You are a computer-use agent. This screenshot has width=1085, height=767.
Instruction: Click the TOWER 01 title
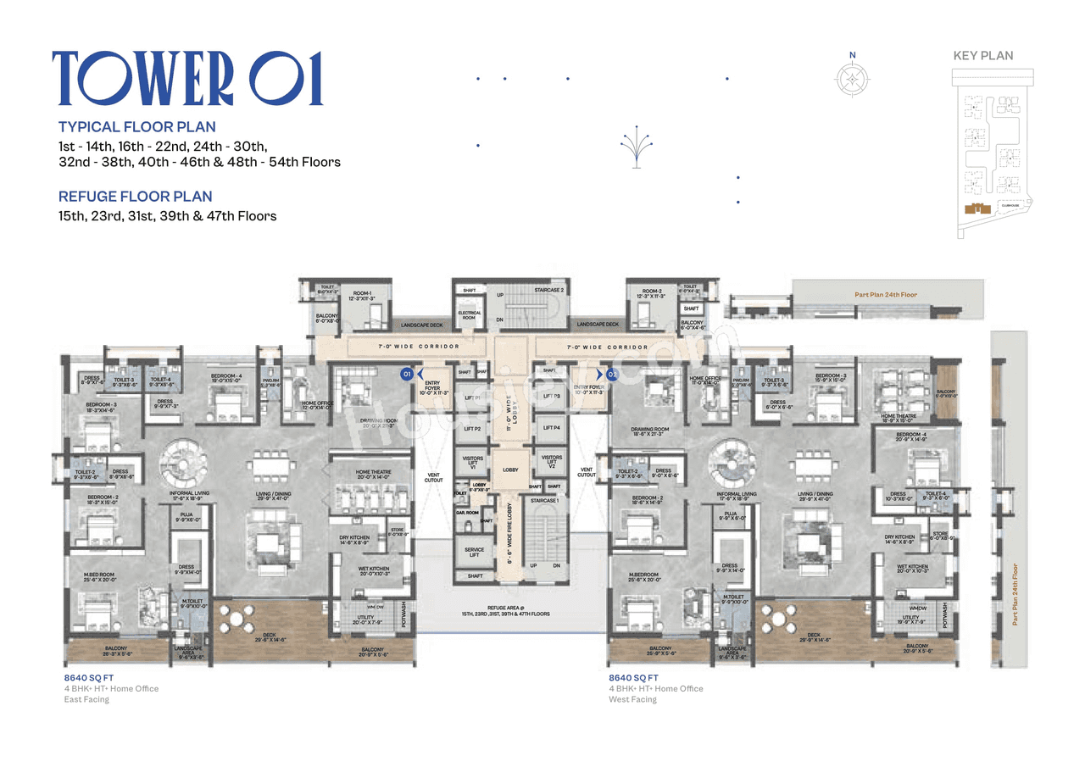[x=187, y=79]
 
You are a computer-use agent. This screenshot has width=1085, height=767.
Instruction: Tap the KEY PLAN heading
[x=982, y=56]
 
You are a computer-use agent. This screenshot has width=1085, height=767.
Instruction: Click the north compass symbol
[x=852, y=78]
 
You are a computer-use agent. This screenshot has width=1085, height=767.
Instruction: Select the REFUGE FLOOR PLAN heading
[x=135, y=197]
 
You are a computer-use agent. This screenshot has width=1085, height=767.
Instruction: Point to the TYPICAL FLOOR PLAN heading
[x=136, y=127]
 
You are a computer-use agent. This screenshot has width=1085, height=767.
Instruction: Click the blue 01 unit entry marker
[x=408, y=373]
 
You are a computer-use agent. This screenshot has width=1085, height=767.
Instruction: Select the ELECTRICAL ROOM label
[x=470, y=314]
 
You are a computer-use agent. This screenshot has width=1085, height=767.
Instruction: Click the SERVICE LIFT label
[x=474, y=553]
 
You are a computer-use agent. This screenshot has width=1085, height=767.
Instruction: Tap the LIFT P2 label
[x=472, y=429]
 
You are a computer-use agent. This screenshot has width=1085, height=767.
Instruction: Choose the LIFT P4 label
[x=551, y=428]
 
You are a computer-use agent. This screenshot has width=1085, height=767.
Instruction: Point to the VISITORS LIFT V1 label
[x=472, y=462]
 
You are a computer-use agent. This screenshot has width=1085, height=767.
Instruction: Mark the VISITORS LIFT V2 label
[x=551, y=462]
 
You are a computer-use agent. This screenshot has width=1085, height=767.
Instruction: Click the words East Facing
[x=86, y=699]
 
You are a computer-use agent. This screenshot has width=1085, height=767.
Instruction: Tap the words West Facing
[x=632, y=699]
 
